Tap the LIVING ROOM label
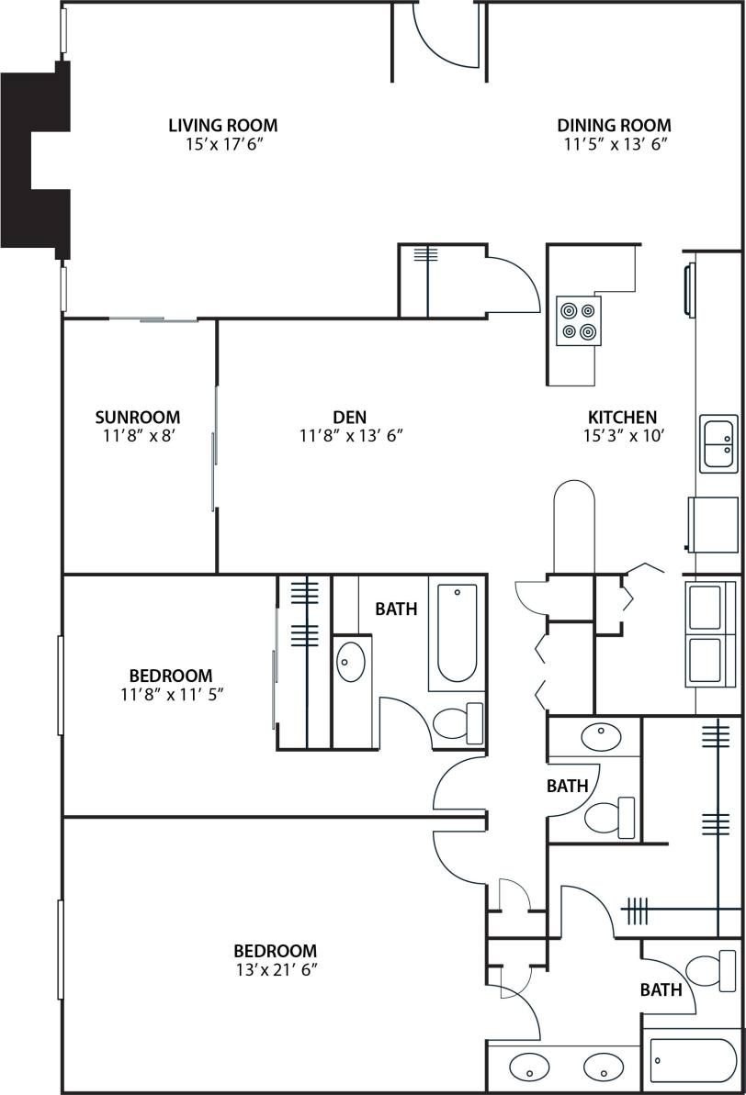pyautogui.click(x=222, y=125)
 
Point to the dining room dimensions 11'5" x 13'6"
pyautogui.click(x=614, y=144)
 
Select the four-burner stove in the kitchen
pyautogui.click(x=579, y=320)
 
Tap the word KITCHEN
pyautogui.click(x=622, y=418)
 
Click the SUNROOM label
pyautogui.click(x=138, y=418)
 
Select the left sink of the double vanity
pyautogui.click(x=529, y=1067)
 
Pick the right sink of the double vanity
pyautogui.click(x=603, y=1067)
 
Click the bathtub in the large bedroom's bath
pyautogui.click(x=693, y=1060)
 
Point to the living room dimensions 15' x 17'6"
pyautogui.click(x=222, y=144)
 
